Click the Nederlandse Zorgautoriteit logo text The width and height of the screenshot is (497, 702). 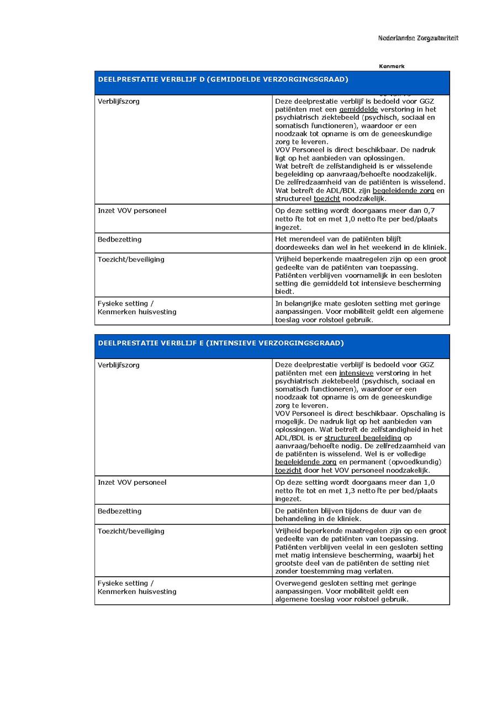tap(418, 38)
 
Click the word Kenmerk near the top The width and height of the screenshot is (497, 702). tap(392, 66)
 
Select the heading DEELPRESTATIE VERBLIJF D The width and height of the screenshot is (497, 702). tap(223, 79)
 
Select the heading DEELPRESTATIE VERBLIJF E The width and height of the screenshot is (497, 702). tap(221, 343)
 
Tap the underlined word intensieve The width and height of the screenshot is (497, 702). tap(356, 373)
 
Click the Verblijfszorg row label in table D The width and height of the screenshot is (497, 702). tap(119, 101)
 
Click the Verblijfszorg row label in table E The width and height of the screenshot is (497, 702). tap(119, 365)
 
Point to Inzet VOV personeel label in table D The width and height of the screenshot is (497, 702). tap(132, 211)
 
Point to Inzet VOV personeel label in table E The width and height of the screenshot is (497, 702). tap(132, 483)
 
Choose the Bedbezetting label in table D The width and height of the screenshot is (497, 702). tap(119, 239)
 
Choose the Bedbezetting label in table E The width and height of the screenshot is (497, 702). tap(119, 511)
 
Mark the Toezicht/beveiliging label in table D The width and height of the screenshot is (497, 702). tap(131, 259)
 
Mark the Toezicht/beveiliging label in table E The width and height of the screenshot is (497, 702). tap(131, 531)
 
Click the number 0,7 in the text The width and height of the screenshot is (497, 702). tap(430, 211)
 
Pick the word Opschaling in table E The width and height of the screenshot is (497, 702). tap(426, 414)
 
